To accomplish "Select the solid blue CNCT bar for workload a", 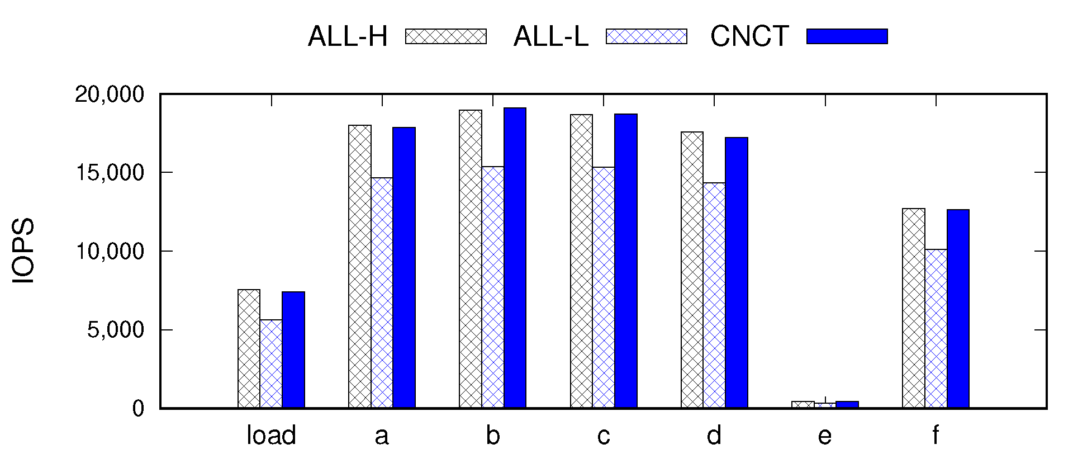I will tap(404, 268).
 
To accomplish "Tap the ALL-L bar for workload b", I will tap(493, 287).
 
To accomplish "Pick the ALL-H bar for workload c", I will tap(581, 261).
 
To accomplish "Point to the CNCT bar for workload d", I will tap(737, 273).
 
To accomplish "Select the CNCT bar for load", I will tap(293, 350).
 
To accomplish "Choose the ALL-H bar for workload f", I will tap(914, 308).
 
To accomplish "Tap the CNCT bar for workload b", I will tap(515, 258).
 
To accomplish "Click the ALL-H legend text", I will tap(348, 37).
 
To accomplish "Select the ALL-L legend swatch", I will tap(647, 36).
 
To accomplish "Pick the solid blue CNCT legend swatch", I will tap(847, 36).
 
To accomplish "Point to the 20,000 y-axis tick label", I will tap(109, 95).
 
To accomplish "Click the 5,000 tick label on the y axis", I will tap(115, 330).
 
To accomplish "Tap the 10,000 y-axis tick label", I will tap(109, 252).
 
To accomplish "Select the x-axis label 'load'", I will tap(271, 436).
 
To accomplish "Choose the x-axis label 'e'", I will tap(825, 436).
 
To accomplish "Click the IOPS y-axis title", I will tap(23, 251).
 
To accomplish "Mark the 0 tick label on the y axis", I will tap(138, 409).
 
